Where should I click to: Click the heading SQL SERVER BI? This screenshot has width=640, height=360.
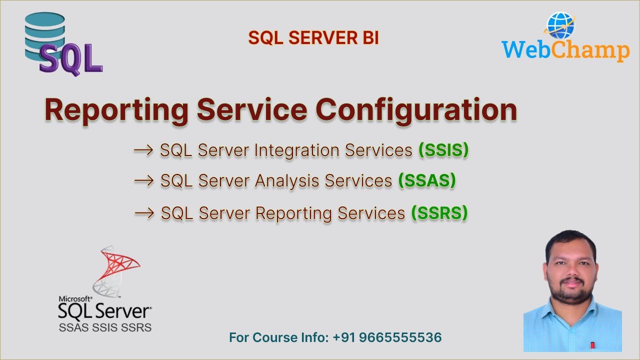point(313,38)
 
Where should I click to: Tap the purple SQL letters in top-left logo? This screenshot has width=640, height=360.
point(70,59)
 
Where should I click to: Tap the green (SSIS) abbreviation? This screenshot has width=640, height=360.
point(443,150)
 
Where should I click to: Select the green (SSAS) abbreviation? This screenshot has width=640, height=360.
point(426,181)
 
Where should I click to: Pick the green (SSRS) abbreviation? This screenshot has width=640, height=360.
point(439,213)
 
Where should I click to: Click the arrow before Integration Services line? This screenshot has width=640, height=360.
point(143,150)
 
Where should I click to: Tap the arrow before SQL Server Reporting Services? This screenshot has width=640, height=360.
point(144,213)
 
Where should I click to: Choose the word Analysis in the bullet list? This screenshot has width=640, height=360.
point(287,181)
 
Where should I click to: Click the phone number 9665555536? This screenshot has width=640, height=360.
point(399,337)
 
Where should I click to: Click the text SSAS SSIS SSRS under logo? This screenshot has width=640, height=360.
point(105,328)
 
